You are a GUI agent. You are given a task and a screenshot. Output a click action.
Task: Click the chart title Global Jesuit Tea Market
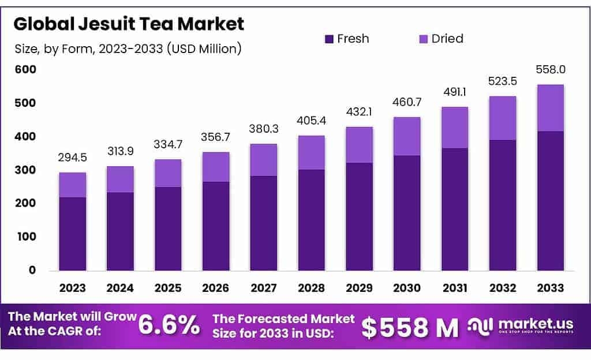click(x=129, y=24)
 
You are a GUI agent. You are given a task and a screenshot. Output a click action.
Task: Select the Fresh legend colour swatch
click(x=329, y=39)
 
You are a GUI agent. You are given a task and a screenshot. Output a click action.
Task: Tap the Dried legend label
click(x=447, y=39)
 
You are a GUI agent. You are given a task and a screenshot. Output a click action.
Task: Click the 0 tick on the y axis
click(x=32, y=270)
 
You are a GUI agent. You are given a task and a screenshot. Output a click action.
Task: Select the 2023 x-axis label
click(x=72, y=287)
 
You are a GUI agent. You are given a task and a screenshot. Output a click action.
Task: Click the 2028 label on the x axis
click(x=311, y=287)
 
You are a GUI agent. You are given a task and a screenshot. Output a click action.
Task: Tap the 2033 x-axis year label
click(x=550, y=287)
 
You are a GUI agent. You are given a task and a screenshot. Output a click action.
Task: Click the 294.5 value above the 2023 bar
click(x=72, y=157)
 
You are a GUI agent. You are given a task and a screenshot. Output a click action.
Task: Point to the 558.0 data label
click(x=550, y=70)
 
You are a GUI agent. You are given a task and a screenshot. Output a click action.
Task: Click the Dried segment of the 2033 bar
click(x=550, y=108)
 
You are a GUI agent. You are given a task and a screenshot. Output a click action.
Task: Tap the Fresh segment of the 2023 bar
click(x=72, y=234)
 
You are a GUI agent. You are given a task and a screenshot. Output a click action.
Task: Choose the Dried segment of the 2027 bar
click(x=263, y=160)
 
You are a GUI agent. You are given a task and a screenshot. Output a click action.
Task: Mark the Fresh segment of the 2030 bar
click(x=407, y=213)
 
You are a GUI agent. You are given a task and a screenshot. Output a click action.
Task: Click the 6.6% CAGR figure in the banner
click(x=169, y=326)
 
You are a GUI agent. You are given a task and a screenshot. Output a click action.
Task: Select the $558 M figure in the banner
click(x=410, y=327)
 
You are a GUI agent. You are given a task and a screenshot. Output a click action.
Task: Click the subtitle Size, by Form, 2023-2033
click(x=128, y=49)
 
